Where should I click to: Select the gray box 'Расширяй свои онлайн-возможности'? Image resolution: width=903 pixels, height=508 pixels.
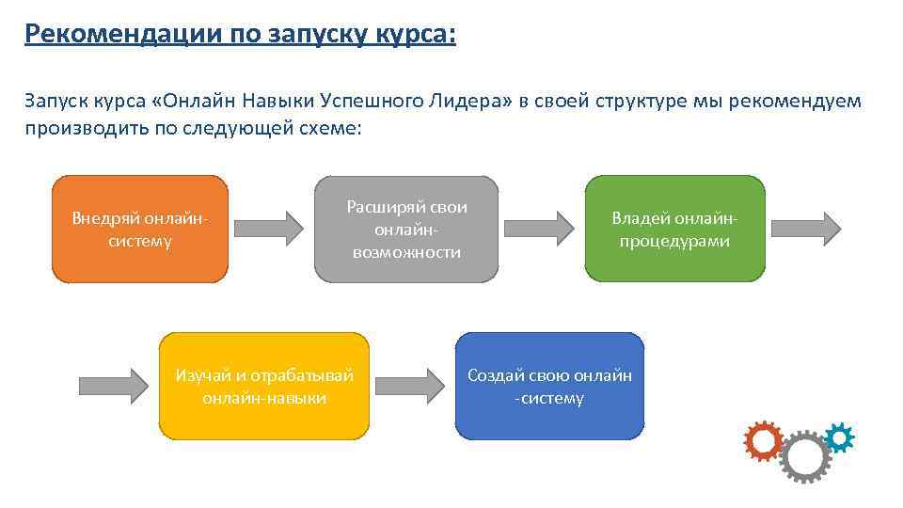[x=406, y=229]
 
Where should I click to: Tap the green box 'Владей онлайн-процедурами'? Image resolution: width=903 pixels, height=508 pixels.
[x=674, y=229]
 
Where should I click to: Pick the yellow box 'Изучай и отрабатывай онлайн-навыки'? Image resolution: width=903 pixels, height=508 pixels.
[x=264, y=386]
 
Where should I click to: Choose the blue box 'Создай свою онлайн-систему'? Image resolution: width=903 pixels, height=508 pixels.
[x=550, y=386]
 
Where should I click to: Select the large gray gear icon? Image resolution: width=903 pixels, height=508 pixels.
[x=805, y=457]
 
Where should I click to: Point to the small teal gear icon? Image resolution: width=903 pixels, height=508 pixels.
[x=839, y=437]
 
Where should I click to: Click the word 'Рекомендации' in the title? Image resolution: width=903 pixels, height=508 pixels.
[x=118, y=34]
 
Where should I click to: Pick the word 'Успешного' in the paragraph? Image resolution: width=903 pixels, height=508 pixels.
[x=361, y=101]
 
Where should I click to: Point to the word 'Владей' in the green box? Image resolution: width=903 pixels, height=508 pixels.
[x=639, y=218]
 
